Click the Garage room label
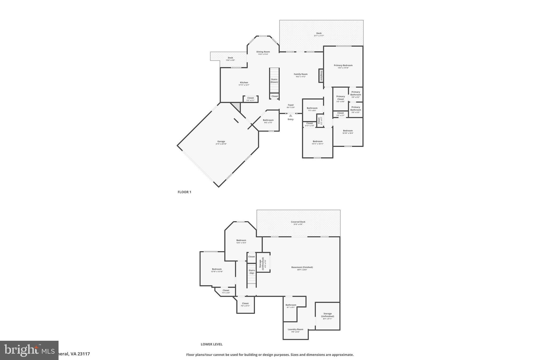(x=221, y=142)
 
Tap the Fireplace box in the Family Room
(x=321, y=76)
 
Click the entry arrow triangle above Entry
(x=290, y=116)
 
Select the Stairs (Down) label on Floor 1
(x=274, y=81)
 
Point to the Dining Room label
(x=263, y=52)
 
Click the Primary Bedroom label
(x=343, y=65)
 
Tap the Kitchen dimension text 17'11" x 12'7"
(x=244, y=85)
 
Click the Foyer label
(x=291, y=105)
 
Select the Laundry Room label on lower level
(x=295, y=329)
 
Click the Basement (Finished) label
(x=302, y=267)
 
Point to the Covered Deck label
(x=298, y=222)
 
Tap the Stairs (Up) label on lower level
(x=252, y=271)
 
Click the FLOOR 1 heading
(x=184, y=192)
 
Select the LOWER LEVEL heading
(x=211, y=344)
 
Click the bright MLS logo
(x=29, y=350)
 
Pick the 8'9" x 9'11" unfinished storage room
(x=327, y=316)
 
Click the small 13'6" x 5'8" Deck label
(x=230, y=58)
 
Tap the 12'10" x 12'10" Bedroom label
(x=217, y=269)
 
